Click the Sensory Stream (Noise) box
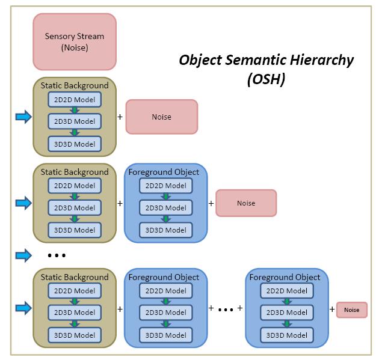[75, 41]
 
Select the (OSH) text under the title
[266, 79]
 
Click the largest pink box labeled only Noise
[161, 117]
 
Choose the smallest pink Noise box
[352, 310]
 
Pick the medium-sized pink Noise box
[246, 203]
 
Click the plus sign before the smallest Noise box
[332, 310]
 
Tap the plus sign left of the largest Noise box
[120, 117]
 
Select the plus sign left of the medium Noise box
[211, 203]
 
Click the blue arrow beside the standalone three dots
[23, 255]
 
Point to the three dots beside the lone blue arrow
[57, 255]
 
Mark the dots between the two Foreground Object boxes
[226, 310]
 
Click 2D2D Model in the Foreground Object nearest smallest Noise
[287, 291]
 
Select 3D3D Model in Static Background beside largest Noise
[75, 144]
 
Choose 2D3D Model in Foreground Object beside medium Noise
[166, 208]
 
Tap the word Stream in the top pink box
[90, 36]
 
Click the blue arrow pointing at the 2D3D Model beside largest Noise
[23, 117]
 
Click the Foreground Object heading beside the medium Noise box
[164, 172]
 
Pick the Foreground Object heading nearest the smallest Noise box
[285, 277]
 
